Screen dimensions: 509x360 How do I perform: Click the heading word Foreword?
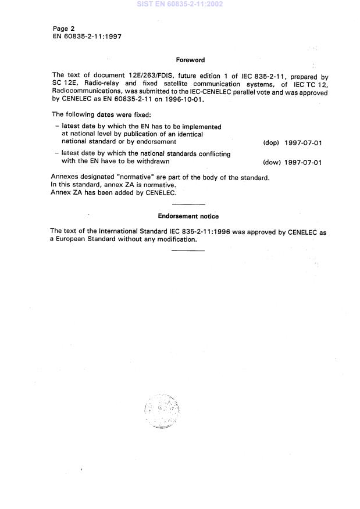coord(190,60)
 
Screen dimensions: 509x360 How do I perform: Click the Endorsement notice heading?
coord(188,216)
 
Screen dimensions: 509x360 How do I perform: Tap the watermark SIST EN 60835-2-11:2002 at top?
coord(180,4)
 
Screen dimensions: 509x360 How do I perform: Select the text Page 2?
coord(65,28)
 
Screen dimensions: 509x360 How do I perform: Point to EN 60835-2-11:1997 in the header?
coord(87,36)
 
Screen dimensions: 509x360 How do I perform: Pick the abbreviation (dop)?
coord(272,142)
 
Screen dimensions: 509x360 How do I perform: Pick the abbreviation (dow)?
coord(272,162)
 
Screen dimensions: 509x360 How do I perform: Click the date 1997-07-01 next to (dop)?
coord(304,142)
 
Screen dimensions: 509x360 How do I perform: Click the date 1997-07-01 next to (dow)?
coord(304,162)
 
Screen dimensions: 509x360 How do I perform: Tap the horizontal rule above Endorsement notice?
coord(189,204)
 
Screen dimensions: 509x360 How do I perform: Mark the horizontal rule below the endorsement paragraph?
coord(189,250)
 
